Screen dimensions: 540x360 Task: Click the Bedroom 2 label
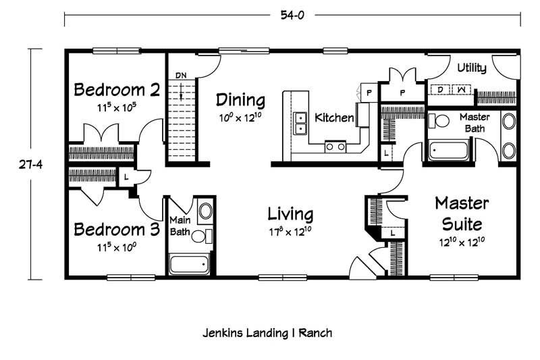coord(117,90)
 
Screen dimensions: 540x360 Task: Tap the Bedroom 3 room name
coord(117,230)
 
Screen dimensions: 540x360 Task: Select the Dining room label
coord(241,100)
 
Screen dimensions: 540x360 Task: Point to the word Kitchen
coord(334,118)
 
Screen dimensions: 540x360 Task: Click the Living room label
coord(290,214)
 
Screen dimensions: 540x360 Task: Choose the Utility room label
coord(471,68)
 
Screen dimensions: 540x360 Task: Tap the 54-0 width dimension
coord(292,16)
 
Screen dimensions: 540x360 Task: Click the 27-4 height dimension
coord(30,165)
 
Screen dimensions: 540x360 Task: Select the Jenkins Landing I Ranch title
coord(267,333)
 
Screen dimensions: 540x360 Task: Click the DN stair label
coord(181,76)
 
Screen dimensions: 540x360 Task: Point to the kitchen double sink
coord(300,124)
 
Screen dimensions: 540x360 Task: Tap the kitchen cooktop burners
coord(335,147)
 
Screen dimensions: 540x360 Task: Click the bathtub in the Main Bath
coord(189,264)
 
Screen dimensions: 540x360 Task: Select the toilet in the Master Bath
coord(439,121)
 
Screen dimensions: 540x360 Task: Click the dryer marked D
coord(440,90)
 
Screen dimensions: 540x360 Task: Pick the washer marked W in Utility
coord(462,90)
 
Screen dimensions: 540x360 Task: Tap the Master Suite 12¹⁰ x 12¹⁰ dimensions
coord(462,242)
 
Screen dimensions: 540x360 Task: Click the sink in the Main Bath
coord(206,211)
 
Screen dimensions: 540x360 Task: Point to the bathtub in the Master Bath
coord(448,150)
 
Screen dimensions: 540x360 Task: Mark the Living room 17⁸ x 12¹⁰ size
coord(290,232)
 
